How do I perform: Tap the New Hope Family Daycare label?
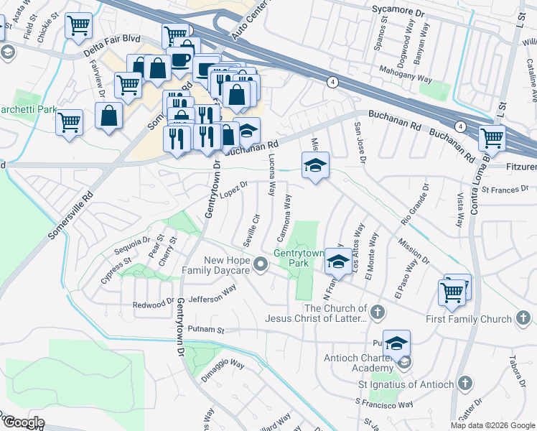coord(215,265)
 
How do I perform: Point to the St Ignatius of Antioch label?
coord(407,384)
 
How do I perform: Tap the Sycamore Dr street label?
coord(399,9)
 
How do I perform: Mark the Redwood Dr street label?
coord(153,305)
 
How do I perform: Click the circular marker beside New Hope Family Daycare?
coord(262,265)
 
